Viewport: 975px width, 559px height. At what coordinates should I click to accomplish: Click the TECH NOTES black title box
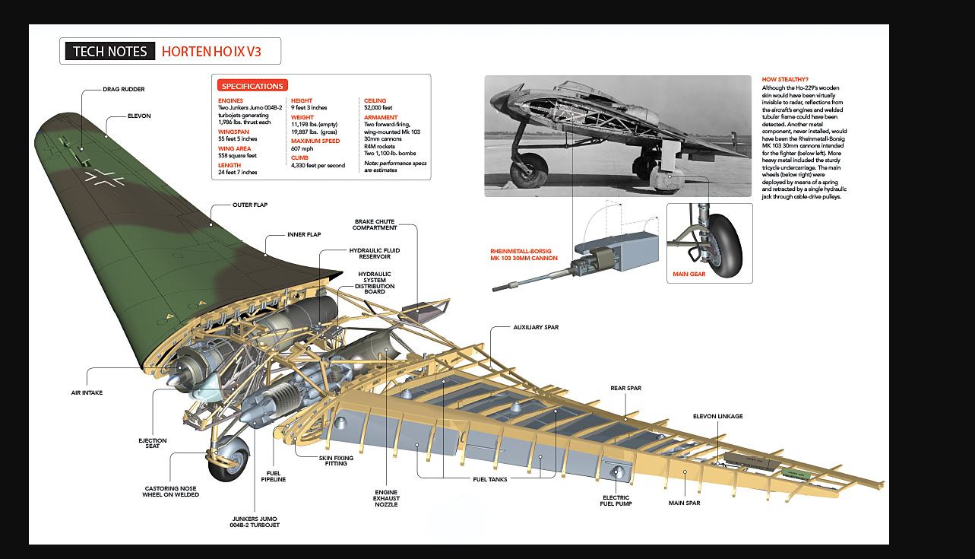pos(109,51)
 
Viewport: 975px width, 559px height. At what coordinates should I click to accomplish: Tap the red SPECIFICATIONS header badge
pos(252,86)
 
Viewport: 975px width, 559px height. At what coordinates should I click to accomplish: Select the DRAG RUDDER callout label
pos(123,89)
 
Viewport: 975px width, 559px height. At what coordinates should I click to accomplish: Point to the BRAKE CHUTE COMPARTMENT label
pos(375,224)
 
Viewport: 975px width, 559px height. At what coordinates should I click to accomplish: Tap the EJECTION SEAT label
pos(152,443)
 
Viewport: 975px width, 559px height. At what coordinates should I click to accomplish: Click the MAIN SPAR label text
pos(684,503)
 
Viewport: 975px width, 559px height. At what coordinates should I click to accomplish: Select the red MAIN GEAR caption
pos(689,274)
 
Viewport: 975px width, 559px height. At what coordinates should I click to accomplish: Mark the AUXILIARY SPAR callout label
pos(536,327)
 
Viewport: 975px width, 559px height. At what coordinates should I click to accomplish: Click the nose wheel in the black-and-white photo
pos(529,170)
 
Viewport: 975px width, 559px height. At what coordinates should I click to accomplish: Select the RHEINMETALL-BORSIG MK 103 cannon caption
pos(524,254)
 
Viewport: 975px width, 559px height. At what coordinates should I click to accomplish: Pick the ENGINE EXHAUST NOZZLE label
pos(386,497)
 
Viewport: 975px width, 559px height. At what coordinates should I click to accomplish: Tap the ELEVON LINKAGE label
pos(717,416)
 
